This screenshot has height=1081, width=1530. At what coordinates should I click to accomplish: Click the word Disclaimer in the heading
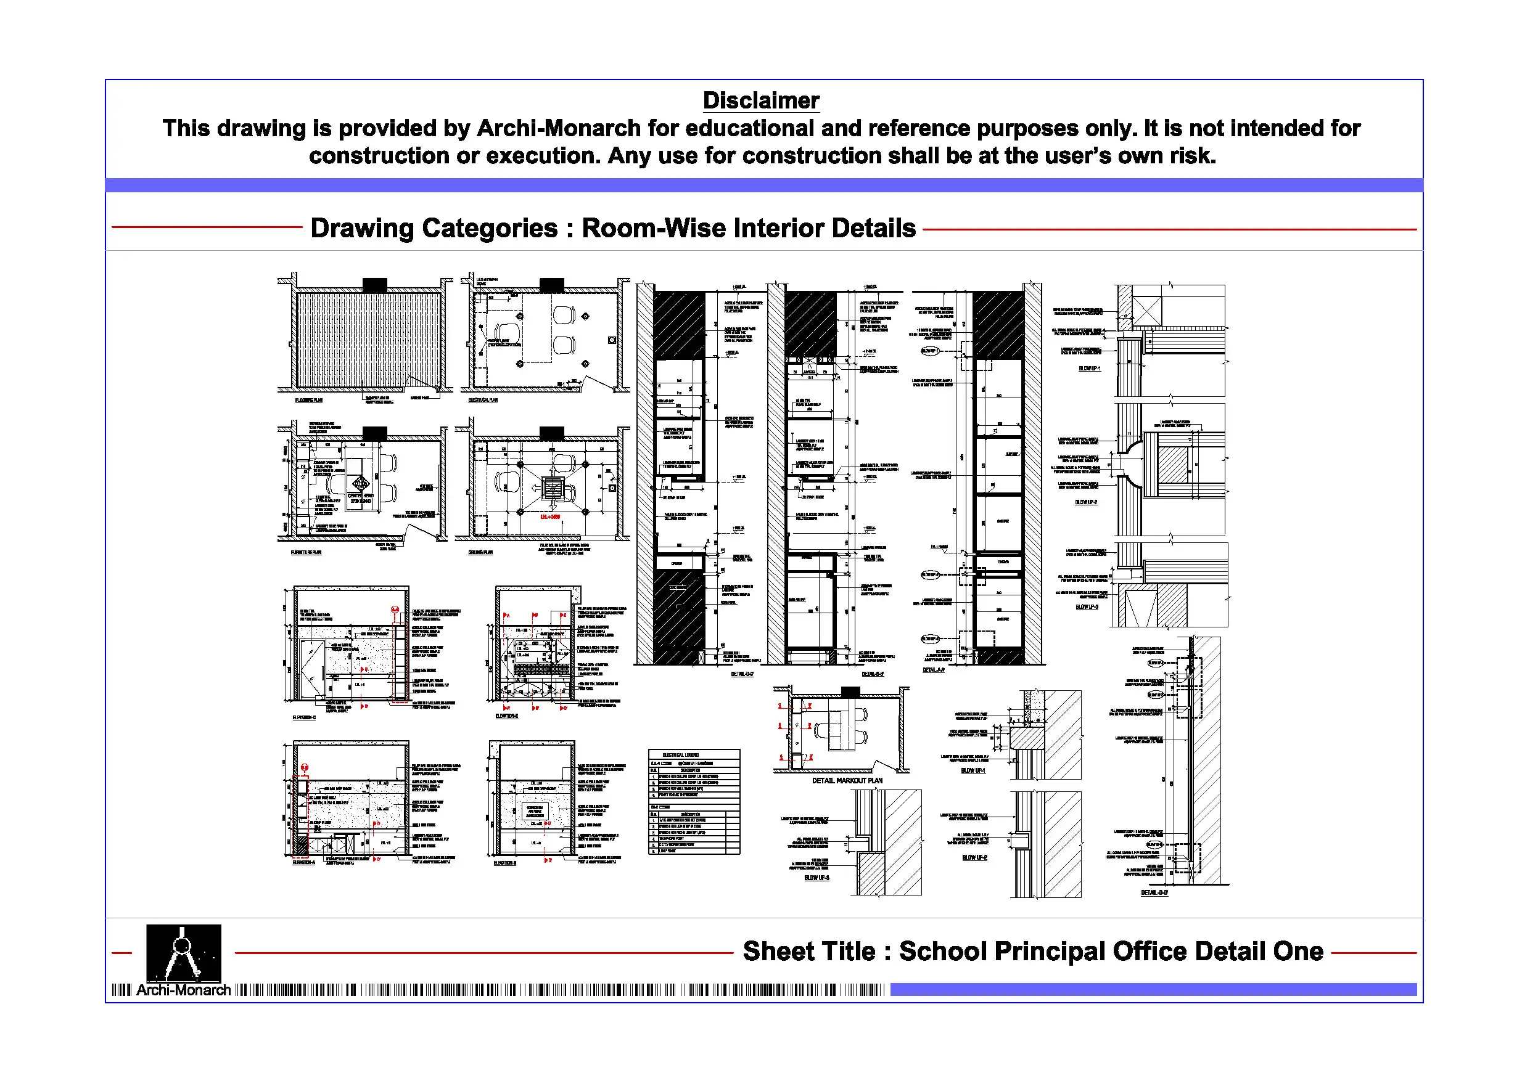click(761, 100)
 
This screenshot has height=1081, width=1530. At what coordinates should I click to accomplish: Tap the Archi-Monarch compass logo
click(183, 952)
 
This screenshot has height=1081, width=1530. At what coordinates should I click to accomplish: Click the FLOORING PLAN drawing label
click(308, 401)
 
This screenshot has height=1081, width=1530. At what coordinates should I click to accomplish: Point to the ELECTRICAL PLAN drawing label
click(482, 401)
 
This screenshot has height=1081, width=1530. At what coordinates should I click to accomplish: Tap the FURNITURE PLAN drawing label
click(306, 552)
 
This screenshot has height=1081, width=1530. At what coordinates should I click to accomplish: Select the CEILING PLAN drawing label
click(480, 552)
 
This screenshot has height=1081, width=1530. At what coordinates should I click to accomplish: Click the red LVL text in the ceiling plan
click(549, 517)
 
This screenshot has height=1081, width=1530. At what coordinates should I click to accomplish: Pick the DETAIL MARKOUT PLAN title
click(847, 780)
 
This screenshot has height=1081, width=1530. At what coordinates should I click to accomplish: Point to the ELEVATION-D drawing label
click(506, 716)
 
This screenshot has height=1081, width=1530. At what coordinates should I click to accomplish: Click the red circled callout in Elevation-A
click(305, 768)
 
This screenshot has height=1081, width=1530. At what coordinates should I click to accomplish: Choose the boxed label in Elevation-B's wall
click(535, 811)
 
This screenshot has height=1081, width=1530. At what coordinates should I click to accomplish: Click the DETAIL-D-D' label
click(1154, 892)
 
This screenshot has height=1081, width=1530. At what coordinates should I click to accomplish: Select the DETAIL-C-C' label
click(742, 674)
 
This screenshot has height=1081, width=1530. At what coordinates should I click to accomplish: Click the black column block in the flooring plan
click(374, 285)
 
